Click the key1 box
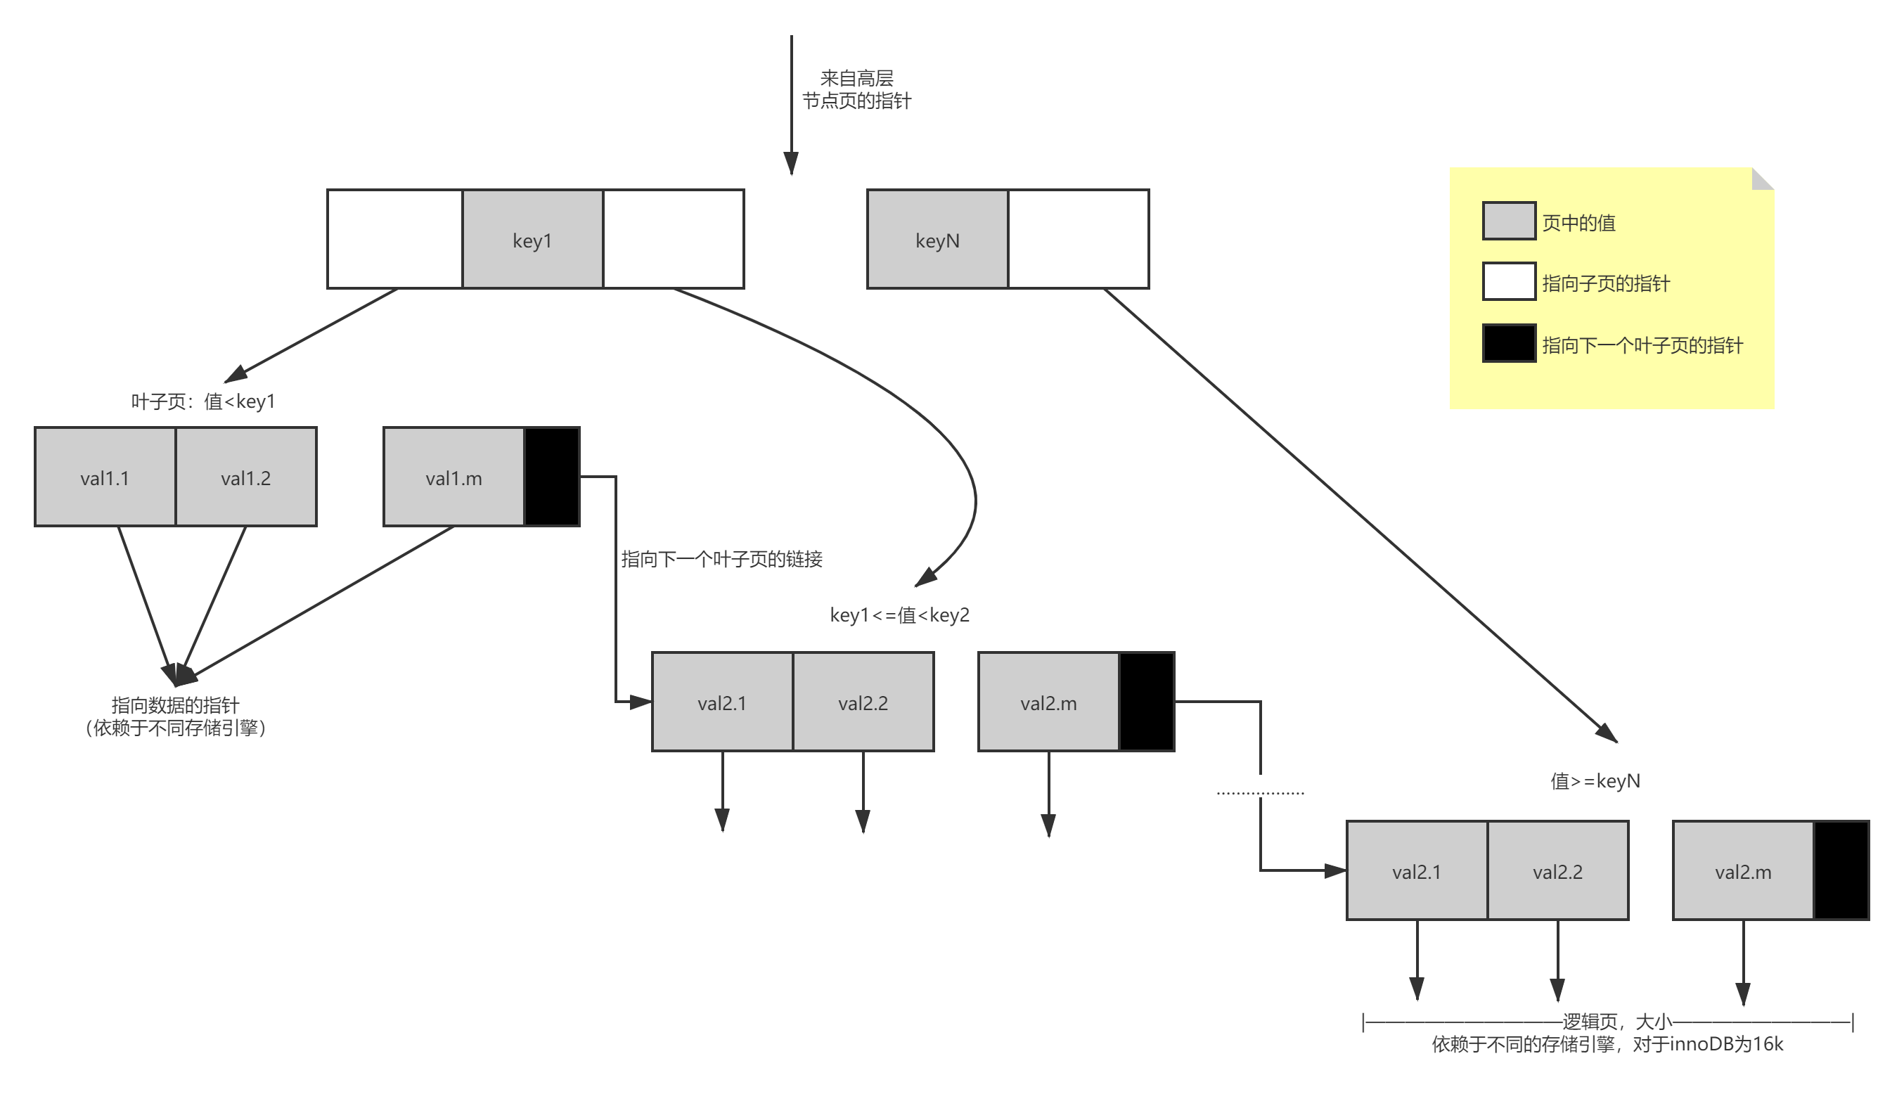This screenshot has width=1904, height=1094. coord(532,240)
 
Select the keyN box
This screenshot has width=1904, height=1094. coord(937,240)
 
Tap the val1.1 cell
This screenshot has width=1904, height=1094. coord(105,477)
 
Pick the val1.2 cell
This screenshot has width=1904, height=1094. coord(245,477)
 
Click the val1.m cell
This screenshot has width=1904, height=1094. coord(453,477)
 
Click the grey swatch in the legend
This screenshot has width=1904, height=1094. coord(1508,221)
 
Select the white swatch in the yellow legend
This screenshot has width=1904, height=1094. coord(1508,282)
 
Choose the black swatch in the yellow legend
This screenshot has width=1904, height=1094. coord(1508,343)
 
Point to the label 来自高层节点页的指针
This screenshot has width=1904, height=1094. coord(856,89)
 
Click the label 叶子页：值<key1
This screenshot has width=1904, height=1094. coord(203,401)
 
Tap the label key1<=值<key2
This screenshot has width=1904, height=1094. coord(899,615)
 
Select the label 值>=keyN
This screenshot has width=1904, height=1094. coord(1595,781)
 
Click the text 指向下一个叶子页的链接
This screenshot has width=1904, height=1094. coord(721,559)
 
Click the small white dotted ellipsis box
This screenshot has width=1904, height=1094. coord(1260,786)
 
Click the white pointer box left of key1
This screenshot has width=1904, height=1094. coord(395,240)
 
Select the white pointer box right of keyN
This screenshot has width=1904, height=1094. coord(1079,240)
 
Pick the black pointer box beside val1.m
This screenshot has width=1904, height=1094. coord(551,477)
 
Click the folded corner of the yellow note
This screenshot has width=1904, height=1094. coord(1764,178)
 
